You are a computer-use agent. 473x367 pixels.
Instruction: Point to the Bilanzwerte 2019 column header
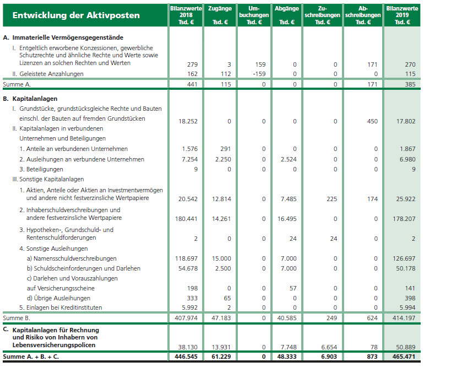point(402,15)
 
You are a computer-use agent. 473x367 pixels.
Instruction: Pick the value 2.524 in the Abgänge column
point(288,159)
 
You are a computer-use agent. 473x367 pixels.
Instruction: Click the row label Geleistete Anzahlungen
point(48,74)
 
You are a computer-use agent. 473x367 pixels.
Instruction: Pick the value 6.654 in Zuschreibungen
point(328,347)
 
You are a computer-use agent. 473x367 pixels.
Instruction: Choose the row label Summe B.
point(16,318)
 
